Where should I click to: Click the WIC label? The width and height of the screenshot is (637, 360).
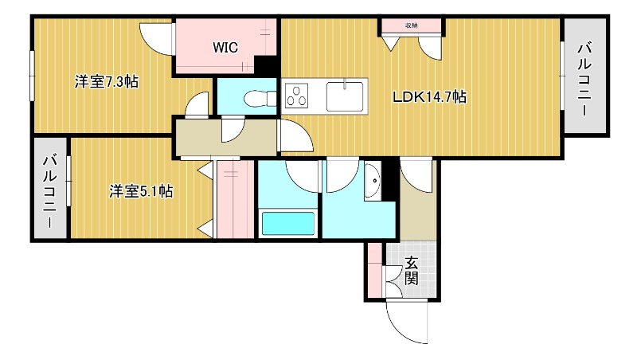coord(225,48)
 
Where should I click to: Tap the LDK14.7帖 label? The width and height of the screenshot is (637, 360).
coord(429,97)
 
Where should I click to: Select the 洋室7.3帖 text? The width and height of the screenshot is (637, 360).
coord(107,82)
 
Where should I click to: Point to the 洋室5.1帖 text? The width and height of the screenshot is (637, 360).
coord(141,191)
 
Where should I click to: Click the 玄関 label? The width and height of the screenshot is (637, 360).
coord(411,271)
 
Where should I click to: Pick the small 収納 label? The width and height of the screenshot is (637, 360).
coord(412,25)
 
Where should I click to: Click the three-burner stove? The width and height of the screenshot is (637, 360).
coord(296,96)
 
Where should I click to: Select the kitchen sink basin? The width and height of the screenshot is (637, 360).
coord(345,96)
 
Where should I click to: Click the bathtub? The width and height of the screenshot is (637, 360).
coord(288,223)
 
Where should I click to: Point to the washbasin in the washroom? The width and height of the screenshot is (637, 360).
coord(373,180)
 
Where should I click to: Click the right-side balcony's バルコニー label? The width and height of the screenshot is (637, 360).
coord(584,79)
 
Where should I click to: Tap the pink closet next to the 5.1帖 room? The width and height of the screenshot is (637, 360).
coord(236,199)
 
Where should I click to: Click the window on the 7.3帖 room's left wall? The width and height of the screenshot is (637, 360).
coord(32,76)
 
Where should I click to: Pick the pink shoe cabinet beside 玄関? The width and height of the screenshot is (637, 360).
coord(375,270)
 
